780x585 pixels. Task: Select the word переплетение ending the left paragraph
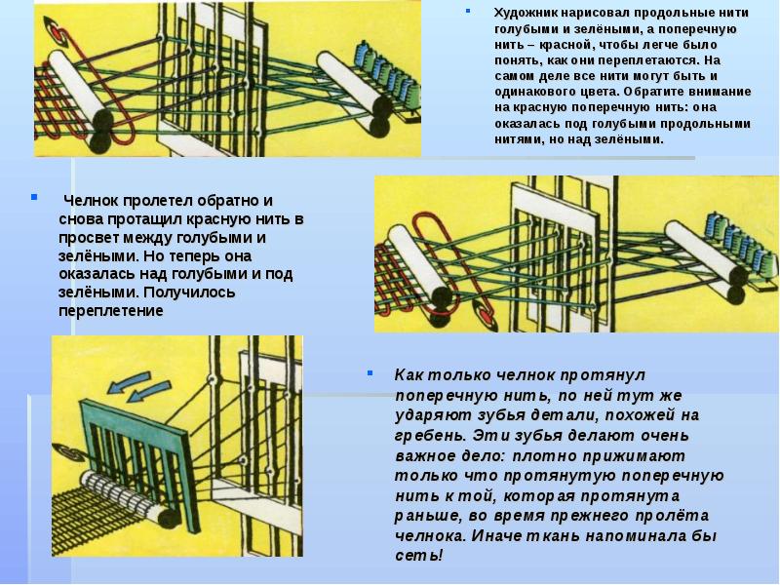pyautogui.click(x=111, y=311)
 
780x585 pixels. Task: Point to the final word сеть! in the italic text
pyautogui.click(x=418, y=555)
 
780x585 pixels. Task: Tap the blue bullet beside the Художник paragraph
pyautogui.click(x=468, y=11)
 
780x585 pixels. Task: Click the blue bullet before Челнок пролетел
pyautogui.click(x=34, y=197)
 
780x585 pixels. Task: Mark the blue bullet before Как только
pyautogui.click(x=370, y=372)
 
